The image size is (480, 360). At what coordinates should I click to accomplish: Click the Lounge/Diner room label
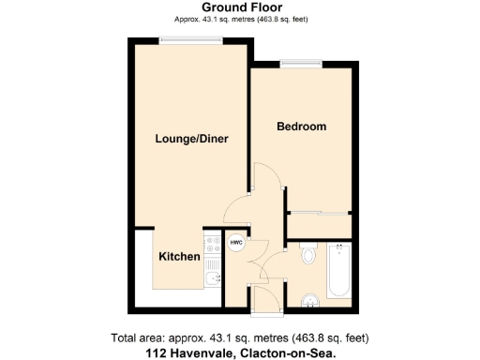click(x=191, y=139)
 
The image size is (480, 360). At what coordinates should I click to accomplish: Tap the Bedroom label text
click(x=301, y=127)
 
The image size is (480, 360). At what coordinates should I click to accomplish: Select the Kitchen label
click(x=177, y=257)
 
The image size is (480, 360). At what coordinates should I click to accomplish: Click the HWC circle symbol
click(x=236, y=242)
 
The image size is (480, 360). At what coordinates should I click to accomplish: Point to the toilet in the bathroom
click(x=308, y=254)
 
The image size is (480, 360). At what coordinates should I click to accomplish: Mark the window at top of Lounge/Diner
click(x=190, y=39)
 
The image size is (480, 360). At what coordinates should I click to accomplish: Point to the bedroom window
click(x=302, y=64)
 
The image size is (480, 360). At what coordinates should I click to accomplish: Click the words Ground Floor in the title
click(x=241, y=7)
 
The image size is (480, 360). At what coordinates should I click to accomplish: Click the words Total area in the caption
click(x=135, y=338)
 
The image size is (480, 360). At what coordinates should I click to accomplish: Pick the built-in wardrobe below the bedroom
click(x=319, y=225)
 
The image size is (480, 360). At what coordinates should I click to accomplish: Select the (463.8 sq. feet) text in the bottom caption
click(x=327, y=338)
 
